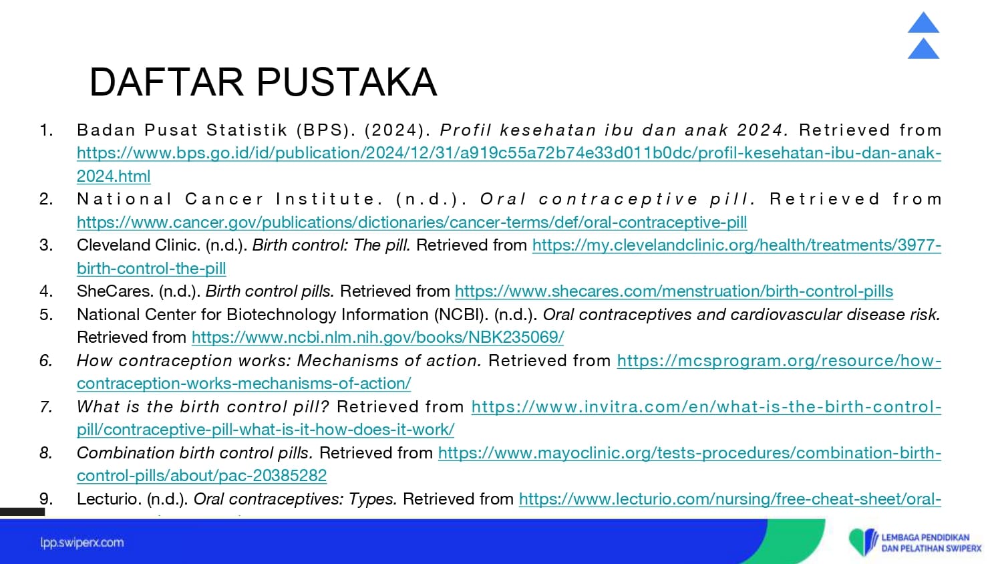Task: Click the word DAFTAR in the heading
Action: click(x=166, y=82)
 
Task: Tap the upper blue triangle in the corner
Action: click(x=923, y=22)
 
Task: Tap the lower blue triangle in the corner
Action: click(x=923, y=48)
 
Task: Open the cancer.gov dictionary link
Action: click(x=412, y=222)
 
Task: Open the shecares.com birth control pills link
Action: click(x=674, y=291)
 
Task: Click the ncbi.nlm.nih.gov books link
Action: click(x=378, y=337)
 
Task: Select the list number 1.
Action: click(x=47, y=130)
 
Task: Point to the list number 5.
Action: click(x=47, y=315)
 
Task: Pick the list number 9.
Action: click(x=47, y=499)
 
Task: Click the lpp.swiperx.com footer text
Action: click(x=82, y=543)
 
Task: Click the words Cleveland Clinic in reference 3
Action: click(x=139, y=245)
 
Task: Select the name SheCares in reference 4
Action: click(x=116, y=291)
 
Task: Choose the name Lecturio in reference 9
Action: click(x=110, y=499)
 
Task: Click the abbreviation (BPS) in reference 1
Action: click(x=326, y=130)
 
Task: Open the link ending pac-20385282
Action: click(x=202, y=476)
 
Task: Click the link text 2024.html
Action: click(x=114, y=176)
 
